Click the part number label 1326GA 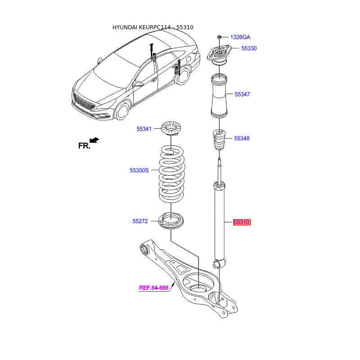tap(240, 37)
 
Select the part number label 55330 tap(249, 49)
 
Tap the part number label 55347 tap(242, 94)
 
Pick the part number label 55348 tap(242, 139)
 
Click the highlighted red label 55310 tap(242, 222)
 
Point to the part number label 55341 tap(144, 129)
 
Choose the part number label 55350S tap(139, 171)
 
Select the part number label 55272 tap(140, 221)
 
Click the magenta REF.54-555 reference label tap(154, 288)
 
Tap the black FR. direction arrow tap(94, 140)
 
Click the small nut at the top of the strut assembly tap(219, 37)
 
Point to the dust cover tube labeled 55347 tap(219, 96)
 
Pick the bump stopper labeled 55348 tap(219, 139)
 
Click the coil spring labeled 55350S tap(171, 174)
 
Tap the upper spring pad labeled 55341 tap(171, 129)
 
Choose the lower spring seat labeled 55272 tap(171, 221)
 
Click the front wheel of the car tap(122, 112)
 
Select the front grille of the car tap(84, 102)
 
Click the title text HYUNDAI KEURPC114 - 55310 tap(153, 27)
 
